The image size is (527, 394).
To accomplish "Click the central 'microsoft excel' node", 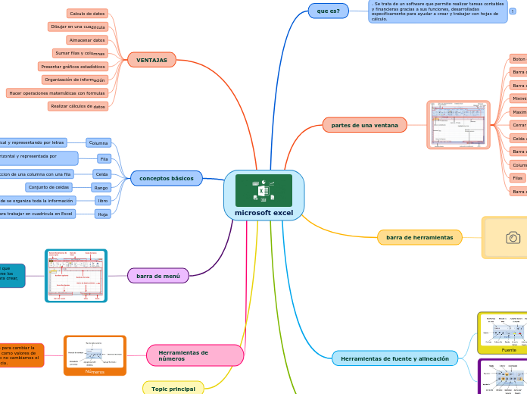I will click(263, 213).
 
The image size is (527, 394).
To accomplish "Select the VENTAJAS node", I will click(151, 60).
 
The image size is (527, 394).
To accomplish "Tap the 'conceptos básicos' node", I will click(166, 179).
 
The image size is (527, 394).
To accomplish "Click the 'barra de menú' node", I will click(157, 276).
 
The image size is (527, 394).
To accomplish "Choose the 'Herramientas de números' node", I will click(195, 355).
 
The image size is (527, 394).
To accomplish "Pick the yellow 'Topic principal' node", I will click(173, 389).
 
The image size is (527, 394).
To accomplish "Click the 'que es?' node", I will click(328, 11).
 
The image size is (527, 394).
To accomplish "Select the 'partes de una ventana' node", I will click(364, 124).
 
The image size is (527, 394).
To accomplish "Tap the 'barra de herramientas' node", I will click(419, 237).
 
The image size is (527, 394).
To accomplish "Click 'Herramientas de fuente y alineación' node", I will click(394, 358).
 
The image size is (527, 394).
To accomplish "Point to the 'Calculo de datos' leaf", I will click(87, 14).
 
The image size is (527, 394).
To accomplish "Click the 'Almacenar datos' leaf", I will click(86, 40).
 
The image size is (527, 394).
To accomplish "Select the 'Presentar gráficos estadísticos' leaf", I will click(73, 67).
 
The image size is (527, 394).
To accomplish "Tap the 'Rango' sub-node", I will click(101, 187).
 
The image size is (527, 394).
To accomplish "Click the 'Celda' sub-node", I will click(101, 174).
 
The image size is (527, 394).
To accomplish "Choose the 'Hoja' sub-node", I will click(102, 214).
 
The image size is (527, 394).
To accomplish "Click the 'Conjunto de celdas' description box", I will click(48, 187).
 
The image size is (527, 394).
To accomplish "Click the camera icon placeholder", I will click(513, 238).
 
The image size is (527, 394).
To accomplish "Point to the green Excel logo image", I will click(263, 190).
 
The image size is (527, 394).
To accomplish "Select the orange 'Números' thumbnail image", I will click(95, 355).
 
